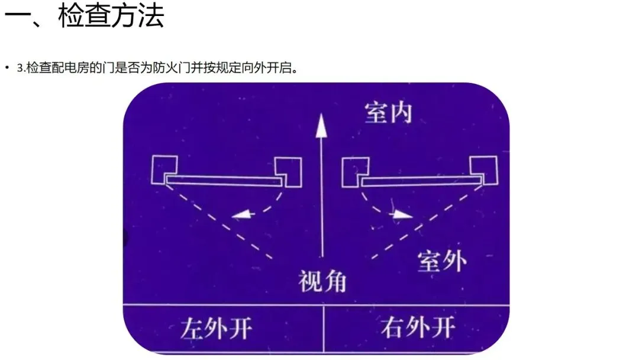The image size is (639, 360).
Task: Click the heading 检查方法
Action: coord(111,18)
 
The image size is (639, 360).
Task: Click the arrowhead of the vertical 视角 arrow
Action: coord(321,126)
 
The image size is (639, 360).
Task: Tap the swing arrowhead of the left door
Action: coord(241,215)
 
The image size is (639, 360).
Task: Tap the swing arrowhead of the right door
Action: coord(403,214)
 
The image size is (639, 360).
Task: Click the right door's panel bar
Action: coord(420,181)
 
